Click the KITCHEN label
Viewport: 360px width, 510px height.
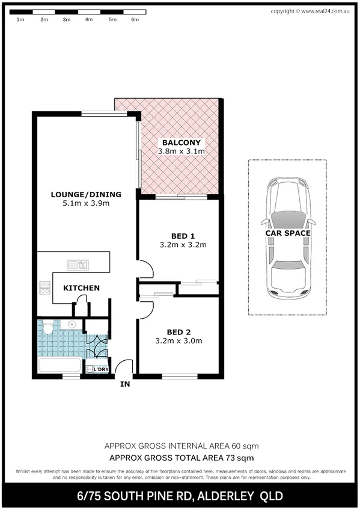81,288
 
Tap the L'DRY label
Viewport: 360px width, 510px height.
100,369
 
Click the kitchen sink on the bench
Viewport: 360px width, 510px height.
78,265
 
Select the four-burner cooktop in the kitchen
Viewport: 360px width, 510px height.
44,287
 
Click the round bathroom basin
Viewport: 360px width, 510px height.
72,325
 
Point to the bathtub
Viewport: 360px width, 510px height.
58,365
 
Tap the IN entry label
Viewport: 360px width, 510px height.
124,384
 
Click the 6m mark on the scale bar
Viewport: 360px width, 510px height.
135,20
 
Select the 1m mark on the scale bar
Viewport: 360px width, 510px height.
20,20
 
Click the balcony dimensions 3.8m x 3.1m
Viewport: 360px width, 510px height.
181,152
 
